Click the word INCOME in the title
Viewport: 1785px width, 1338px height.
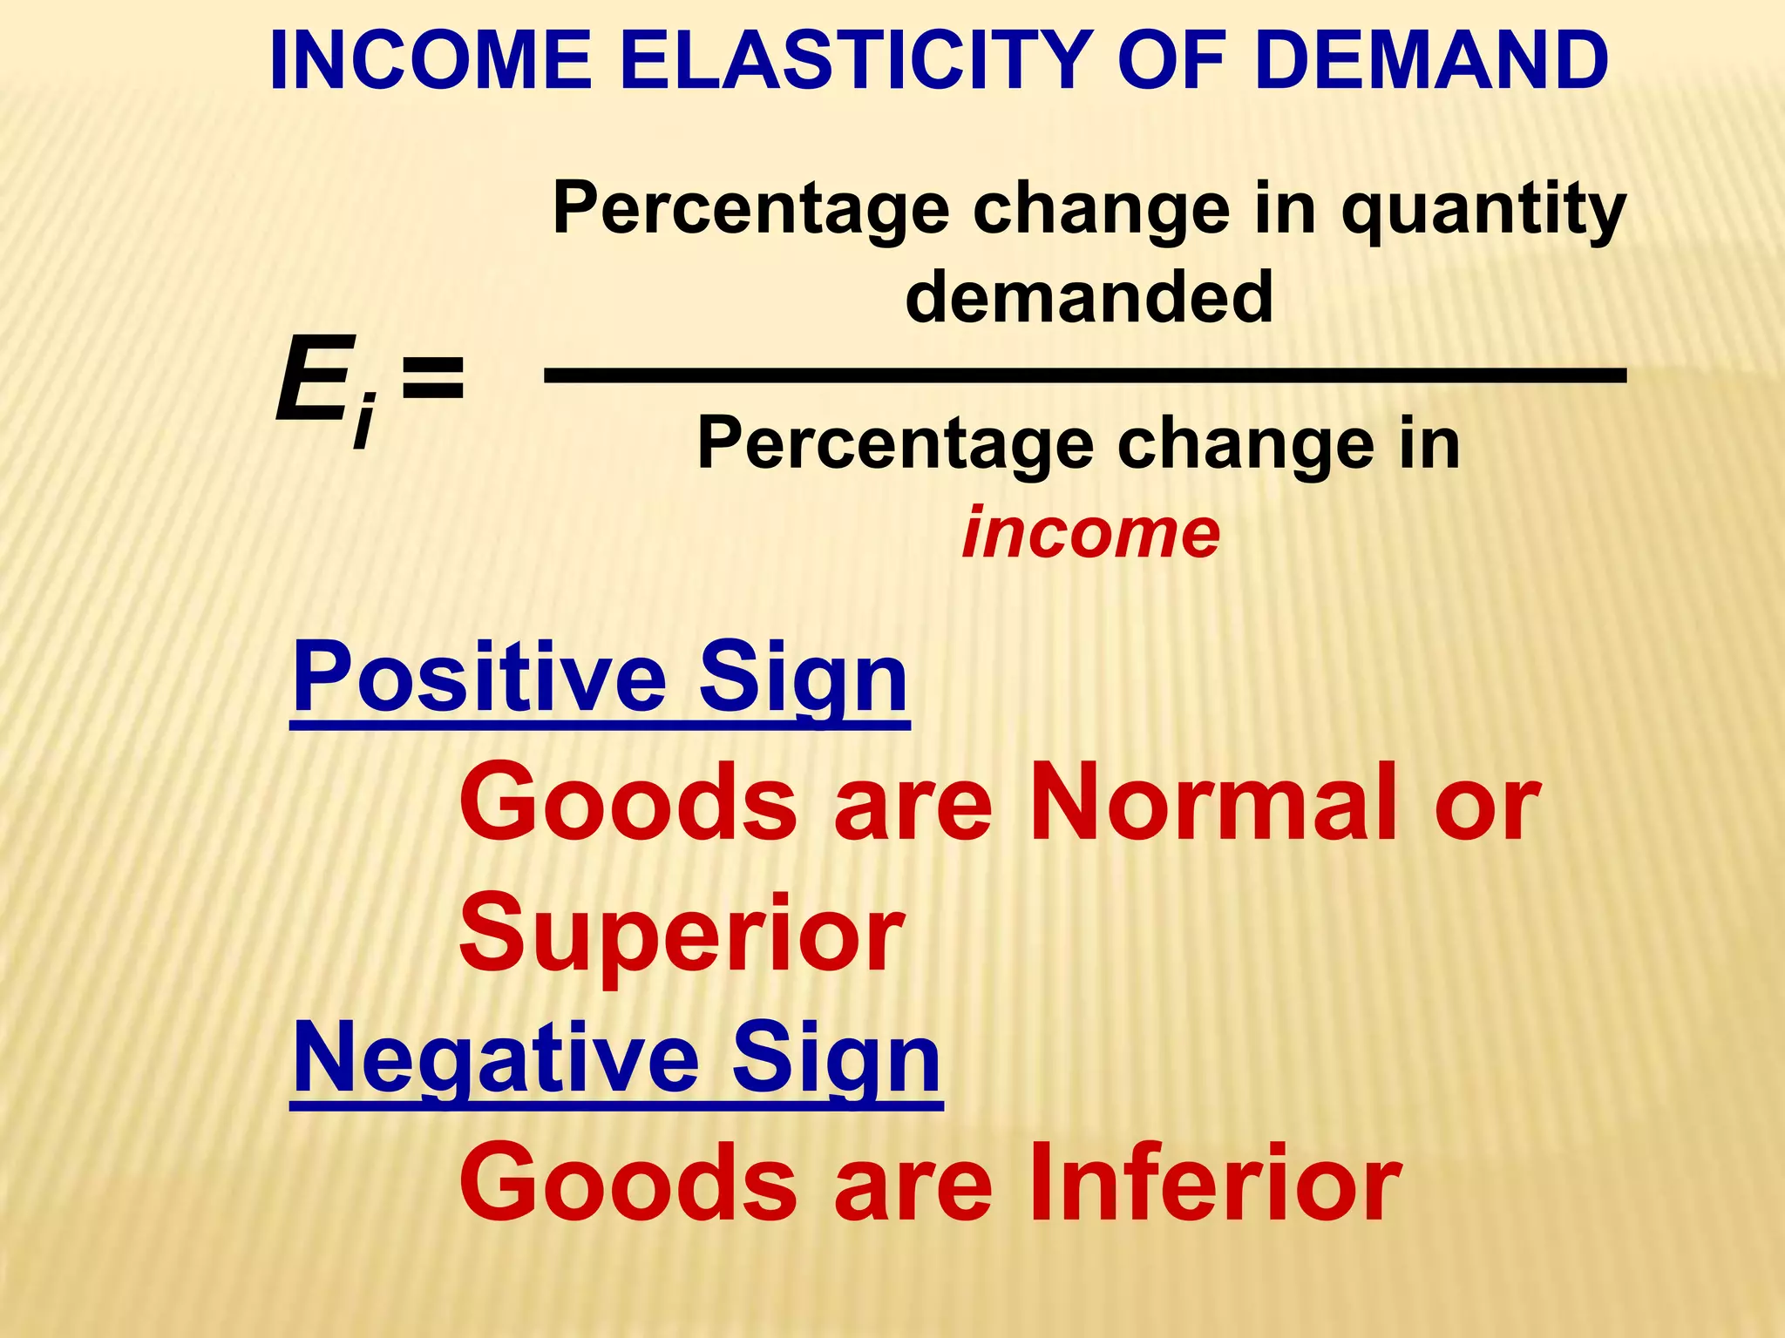[x=431, y=61]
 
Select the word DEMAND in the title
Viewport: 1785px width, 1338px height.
[x=1433, y=61]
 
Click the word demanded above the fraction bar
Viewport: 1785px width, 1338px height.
[x=1089, y=296]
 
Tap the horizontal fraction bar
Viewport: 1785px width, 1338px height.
[x=1085, y=375]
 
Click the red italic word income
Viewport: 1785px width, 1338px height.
[x=1090, y=532]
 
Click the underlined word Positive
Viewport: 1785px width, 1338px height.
[x=480, y=677]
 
